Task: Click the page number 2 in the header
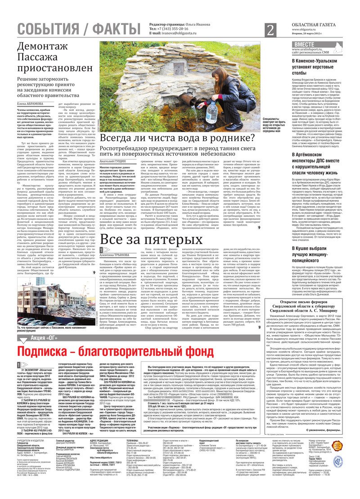[270, 30]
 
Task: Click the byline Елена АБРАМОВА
[31, 104]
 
